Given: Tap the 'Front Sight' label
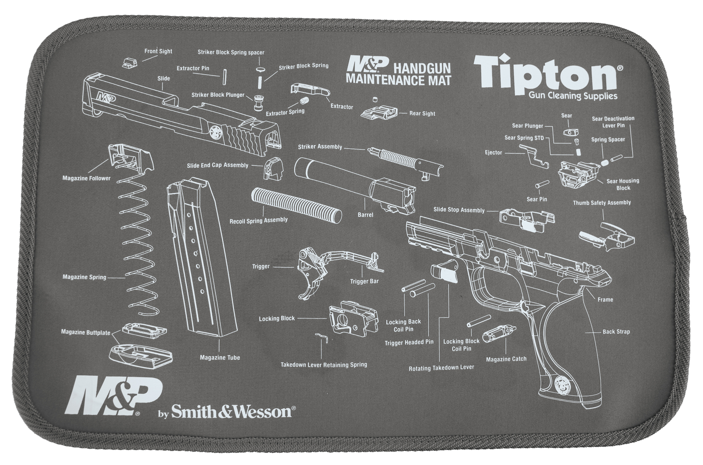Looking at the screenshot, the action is (x=158, y=51).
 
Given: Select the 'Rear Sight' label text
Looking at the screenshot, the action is (x=422, y=114).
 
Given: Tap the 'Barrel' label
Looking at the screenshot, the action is (x=365, y=215).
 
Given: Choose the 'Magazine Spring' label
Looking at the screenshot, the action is (x=84, y=277).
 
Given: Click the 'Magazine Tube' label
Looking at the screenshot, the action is (x=220, y=358).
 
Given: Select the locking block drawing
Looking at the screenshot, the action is (x=352, y=319).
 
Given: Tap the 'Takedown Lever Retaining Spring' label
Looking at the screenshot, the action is (x=324, y=365).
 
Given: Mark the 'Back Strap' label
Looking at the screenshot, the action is (x=616, y=332).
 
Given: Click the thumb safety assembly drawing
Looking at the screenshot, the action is (x=609, y=237).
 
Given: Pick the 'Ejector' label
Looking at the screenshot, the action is (x=493, y=153).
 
